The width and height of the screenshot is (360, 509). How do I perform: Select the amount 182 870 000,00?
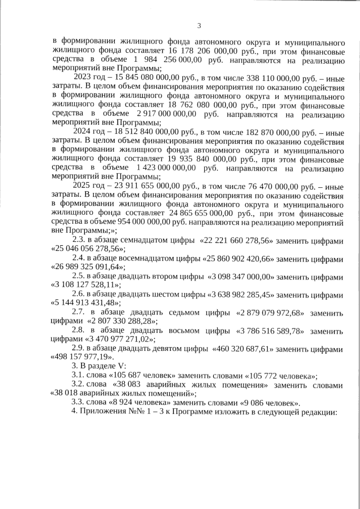pyautogui.click(x=243, y=132)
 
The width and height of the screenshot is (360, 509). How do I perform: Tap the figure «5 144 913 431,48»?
pyautogui.click(x=83, y=304)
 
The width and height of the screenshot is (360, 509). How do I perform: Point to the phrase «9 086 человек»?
pyautogui.click(x=268, y=404)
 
